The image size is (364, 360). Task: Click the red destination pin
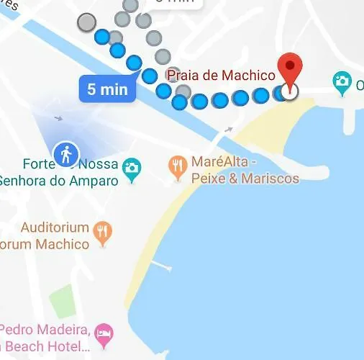[290, 69]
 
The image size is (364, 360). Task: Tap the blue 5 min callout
[107, 90]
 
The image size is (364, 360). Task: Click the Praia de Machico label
[222, 74]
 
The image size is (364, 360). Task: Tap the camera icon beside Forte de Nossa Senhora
[131, 168]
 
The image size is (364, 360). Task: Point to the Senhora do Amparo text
[59, 180]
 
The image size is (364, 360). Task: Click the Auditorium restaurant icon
[104, 231]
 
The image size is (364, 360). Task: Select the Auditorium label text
[55, 228]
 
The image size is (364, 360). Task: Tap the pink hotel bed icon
[104, 333]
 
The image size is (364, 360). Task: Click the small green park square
[63, 299]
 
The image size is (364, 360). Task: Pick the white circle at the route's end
[290, 92]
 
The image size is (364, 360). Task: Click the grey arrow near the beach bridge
[228, 130]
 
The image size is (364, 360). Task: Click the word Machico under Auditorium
[63, 244]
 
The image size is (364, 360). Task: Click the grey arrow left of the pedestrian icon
[58, 118]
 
